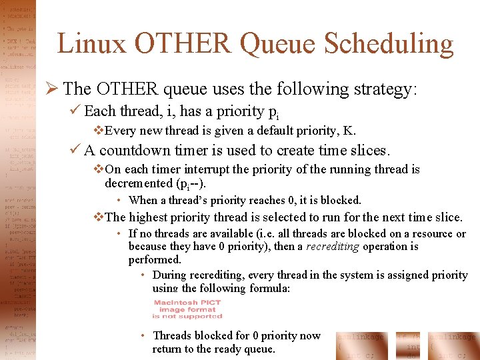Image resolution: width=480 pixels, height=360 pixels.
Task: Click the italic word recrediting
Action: point(332,247)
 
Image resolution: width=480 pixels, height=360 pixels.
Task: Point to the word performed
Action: point(155,259)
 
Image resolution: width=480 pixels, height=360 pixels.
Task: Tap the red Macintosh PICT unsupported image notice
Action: point(187,309)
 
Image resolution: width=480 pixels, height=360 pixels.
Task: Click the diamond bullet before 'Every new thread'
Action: point(98,131)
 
